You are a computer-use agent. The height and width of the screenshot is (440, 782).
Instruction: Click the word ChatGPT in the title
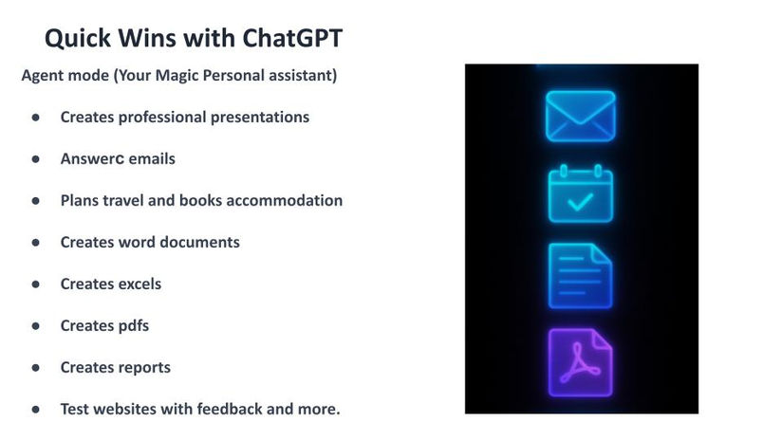pyautogui.click(x=292, y=38)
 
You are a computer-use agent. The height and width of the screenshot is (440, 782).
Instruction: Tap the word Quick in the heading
pyautogui.click(x=78, y=38)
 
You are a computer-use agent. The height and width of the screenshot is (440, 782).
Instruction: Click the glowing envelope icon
pyautogui.click(x=580, y=116)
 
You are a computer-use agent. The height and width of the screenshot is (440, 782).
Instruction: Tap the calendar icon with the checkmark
pyautogui.click(x=581, y=193)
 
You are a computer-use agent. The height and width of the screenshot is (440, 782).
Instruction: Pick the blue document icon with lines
pyautogui.click(x=580, y=276)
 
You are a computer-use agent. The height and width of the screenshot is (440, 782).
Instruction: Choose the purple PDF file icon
pyautogui.click(x=580, y=362)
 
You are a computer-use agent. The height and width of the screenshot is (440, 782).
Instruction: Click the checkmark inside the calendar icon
pyautogui.click(x=580, y=202)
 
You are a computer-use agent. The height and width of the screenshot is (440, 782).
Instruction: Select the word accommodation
pyautogui.click(x=285, y=200)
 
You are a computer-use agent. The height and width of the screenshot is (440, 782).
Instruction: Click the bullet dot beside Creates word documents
pyautogui.click(x=35, y=243)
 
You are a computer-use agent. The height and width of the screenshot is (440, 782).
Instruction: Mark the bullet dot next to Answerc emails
pyautogui.click(x=35, y=159)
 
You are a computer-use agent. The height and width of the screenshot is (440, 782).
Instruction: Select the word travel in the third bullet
pyautogui.click(x=120, y=200)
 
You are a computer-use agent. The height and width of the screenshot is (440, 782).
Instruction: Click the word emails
pyautogui.click(x=152, y=159)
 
